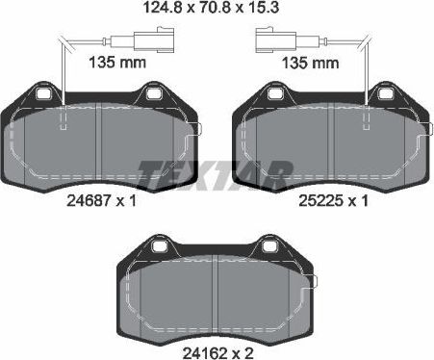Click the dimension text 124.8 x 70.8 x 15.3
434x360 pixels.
pos(217,13)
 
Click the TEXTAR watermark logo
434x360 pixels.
pos(216,173)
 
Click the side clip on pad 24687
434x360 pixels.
pos(195,130)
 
